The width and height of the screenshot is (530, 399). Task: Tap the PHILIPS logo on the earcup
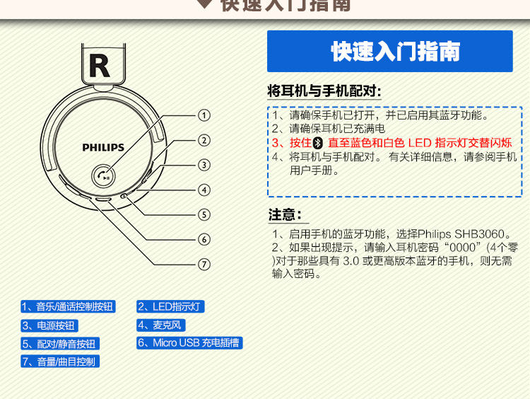pyautogui.click(x=103, y=148)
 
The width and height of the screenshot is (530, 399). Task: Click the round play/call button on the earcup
pyautogui.click(x=104, y=176)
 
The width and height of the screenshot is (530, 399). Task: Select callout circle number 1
pyautogui.click(x=204, y=115)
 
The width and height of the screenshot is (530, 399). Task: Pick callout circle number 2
pyautogui.click(x=204, y=140)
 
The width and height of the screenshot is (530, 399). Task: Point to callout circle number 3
pyautogui.click(x=204, y=165)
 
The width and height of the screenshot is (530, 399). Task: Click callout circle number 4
pyautogui.click(x=204, y=190)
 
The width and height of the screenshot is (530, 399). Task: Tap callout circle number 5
pyautogui.click(x=204, y=214)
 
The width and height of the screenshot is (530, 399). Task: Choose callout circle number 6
pyautogui.click(x=204, y=239)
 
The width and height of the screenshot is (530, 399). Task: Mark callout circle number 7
pyautogui.click(x=204, y=264)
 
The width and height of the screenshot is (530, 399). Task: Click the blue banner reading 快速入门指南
pyautogui.click(x=389, y=52)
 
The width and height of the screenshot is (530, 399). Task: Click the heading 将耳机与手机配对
pyautogui.click(x=324, y=91)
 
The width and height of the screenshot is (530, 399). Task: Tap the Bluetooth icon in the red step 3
pyautogui.click(x=317, y=142)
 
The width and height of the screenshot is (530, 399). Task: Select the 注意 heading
pyautogui.click(x=285, y=215)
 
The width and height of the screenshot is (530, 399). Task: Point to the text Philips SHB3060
pyautogui.click(x=462, y=234)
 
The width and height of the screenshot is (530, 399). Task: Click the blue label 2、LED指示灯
pyautogui.click(x=170, y=307)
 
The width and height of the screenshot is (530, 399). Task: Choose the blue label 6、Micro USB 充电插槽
pyautogui.click(x=189, y=343)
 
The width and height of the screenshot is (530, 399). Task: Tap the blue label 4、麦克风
pyautogui.click(x=160, y=325)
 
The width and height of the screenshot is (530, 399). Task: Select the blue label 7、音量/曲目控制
pyautogui.click(x=60, y=362)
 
